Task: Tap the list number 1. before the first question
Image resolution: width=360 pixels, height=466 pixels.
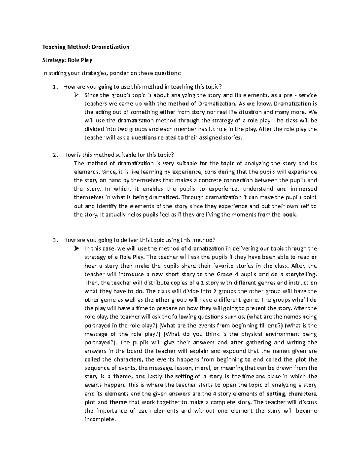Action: (x=54, y=87)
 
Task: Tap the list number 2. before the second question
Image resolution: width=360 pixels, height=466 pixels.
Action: (x=54, y=155)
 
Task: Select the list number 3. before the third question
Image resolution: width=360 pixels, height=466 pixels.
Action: (x=54, y=240)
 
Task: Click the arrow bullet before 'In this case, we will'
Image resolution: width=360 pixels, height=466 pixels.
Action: (x=76, y=248)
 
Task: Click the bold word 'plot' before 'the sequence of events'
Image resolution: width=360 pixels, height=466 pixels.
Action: (x=301, y=359)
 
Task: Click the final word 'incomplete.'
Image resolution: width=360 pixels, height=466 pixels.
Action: (x=100, y=419)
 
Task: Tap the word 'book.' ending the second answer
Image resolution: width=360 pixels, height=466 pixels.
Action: (x=290, y=215)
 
